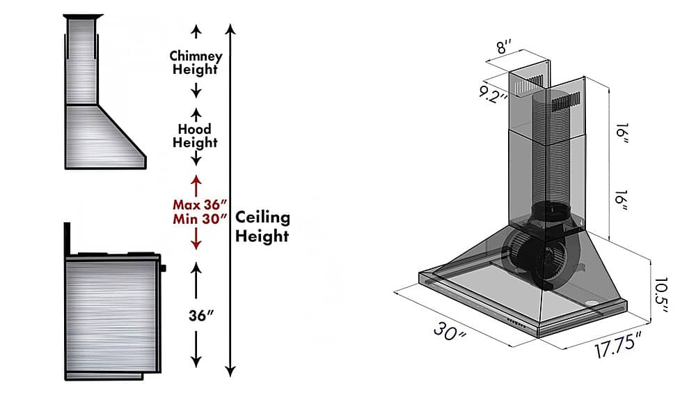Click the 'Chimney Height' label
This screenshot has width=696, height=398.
(x=196, y=62)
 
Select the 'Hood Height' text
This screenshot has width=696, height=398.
(x=196, y=135)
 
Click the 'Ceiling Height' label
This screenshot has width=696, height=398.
(x=262, y=227)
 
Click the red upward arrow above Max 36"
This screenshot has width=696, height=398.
(x=196, y=185)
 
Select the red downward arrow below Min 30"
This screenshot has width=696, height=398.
(x=196, y=239)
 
